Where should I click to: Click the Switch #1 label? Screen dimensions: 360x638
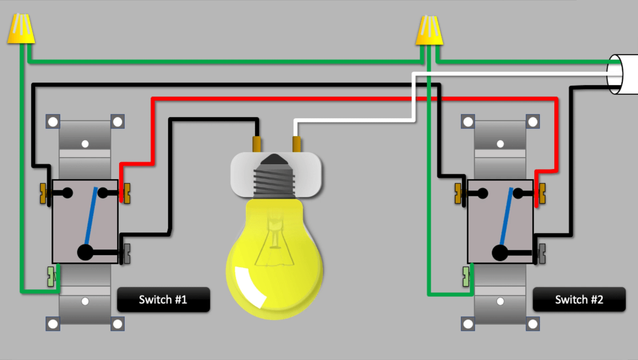tap(163, 300)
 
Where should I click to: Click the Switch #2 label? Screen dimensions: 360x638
tap(579, 300)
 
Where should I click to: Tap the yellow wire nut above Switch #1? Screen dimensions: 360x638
tap(21, 29)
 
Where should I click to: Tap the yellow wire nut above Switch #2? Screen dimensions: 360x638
tap(429, 31)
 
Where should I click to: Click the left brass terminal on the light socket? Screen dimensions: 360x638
tap(257, 144)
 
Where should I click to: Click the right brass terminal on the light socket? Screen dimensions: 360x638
tap(296, 144)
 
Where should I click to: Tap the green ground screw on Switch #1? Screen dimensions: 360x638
tap(51, 277)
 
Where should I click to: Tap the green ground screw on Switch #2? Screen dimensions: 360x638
tap(466, 277)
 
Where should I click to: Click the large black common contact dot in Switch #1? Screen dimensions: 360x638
tap(85, 252)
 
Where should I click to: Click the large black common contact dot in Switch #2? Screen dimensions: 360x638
tap(500, 252)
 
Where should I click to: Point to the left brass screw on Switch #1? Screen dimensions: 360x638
tap(44, 193)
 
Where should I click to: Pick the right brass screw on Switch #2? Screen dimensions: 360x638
tap(542, 193)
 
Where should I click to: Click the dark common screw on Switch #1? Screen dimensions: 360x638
tap(126, 254)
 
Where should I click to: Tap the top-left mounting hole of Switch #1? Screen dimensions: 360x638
tap(53, 122)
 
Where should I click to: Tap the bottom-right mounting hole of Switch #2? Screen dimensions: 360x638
tap(533, 323)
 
